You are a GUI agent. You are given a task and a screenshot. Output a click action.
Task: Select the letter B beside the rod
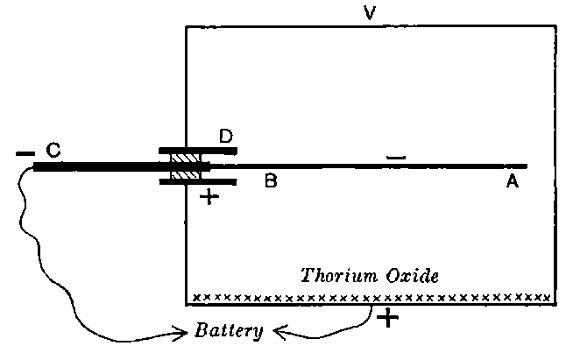point(272,182)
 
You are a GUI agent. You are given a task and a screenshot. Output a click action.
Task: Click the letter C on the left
point(53,151)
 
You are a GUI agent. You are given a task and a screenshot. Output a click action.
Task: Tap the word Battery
point(230,332)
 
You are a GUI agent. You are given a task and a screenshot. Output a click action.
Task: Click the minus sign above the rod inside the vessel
point(396,158)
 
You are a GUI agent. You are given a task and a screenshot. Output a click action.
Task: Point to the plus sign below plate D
point(208,197)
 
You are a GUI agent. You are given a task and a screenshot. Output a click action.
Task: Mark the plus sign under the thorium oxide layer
point(386,319)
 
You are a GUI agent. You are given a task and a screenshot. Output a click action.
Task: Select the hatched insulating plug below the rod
point(186,174)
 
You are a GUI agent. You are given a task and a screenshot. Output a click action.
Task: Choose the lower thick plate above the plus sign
point(197,181)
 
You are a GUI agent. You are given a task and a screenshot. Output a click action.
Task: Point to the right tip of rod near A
point(524,166)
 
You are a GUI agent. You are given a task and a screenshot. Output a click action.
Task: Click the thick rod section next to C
point(96,166)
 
